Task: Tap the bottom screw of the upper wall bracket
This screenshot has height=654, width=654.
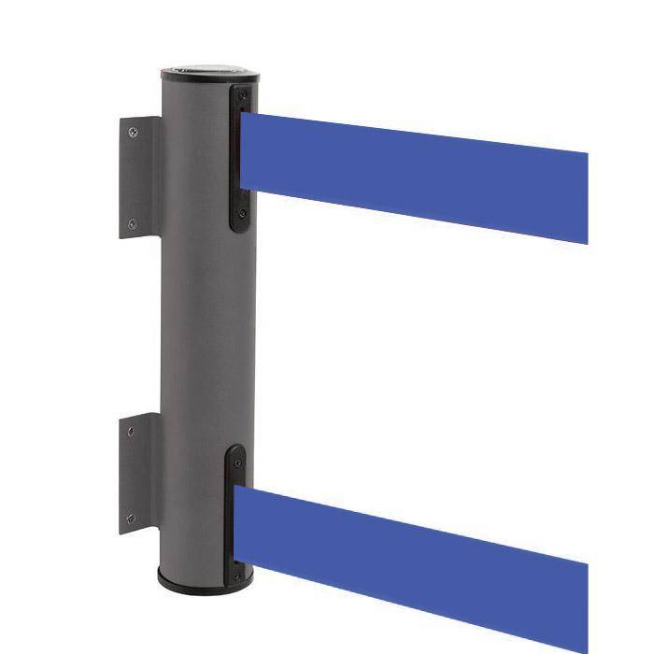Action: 132,224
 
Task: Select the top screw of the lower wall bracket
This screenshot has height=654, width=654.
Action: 131,432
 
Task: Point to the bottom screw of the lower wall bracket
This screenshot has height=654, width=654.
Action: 130,519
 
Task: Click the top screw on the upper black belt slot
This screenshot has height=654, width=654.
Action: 242,96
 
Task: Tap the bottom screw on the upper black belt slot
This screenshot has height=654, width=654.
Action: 242,214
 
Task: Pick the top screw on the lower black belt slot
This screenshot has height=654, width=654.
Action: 236,461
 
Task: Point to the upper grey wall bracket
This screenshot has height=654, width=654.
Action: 138,178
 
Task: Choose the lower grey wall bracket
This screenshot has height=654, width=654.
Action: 137,475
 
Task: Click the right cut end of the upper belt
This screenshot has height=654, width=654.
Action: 584,196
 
